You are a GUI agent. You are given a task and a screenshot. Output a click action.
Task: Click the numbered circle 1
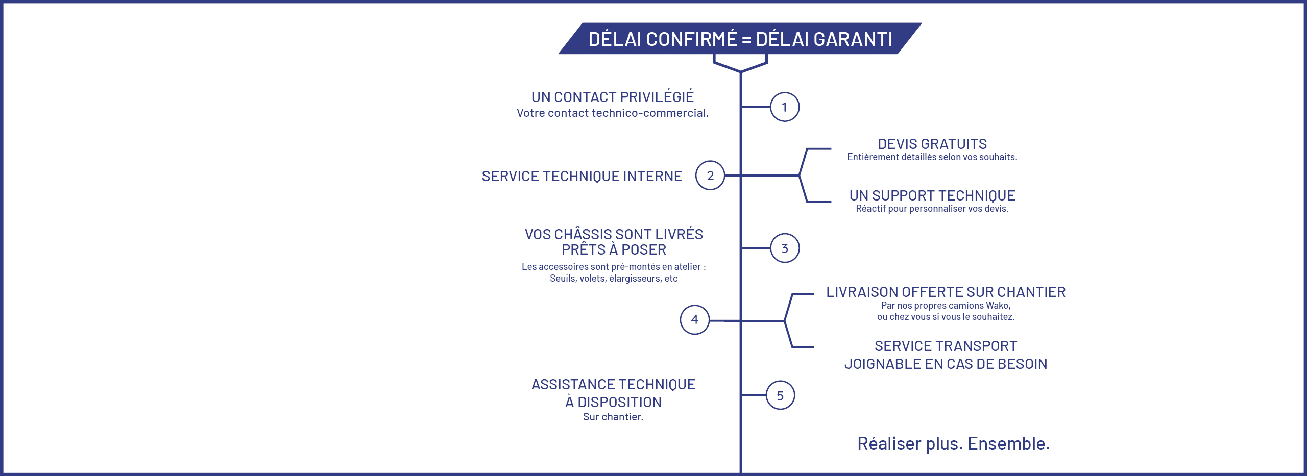pyautogui.click(x=784, y=107)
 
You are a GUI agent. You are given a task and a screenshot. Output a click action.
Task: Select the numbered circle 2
pyautogui.click(x=710, y=176)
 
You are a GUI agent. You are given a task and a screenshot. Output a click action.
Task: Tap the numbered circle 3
pyautogui.click(x=785, y=248)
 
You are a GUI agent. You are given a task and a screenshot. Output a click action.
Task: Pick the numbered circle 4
pyautogui.click(x=695, y=320)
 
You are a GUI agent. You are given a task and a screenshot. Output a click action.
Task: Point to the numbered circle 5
pyautogui.click(x=780, y=395)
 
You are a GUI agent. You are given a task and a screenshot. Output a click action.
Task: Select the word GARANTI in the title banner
pyautogui.click(x=853, y=39)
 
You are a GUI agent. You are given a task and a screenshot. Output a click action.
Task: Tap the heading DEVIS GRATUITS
pyautogui.click(x=932, y=144)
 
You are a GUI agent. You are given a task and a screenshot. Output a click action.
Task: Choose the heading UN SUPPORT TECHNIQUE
pyautogui.click(x=932, y=195)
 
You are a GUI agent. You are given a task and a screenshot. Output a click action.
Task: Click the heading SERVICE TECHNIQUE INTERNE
pyautogui.click(x=582, y=177)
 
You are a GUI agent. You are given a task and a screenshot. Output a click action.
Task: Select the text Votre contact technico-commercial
pyautogui.click(x=612, y=113)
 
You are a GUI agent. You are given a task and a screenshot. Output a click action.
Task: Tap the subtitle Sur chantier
pyautogui.click(x=613, y=417)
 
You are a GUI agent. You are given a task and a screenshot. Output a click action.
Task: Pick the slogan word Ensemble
pyautogui.click(x=1008, y=444)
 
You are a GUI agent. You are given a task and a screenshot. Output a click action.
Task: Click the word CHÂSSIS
pyautogui.click(x=583, y=234)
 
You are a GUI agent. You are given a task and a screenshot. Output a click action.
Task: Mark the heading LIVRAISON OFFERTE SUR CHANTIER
pyautogui.click(x=946, y=292)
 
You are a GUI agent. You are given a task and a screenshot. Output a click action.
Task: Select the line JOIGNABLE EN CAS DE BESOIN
pyautogui.click(x=946, y=364)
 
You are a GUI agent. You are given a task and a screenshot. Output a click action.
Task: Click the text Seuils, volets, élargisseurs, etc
pyautogui.click(x=613, y=279)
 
